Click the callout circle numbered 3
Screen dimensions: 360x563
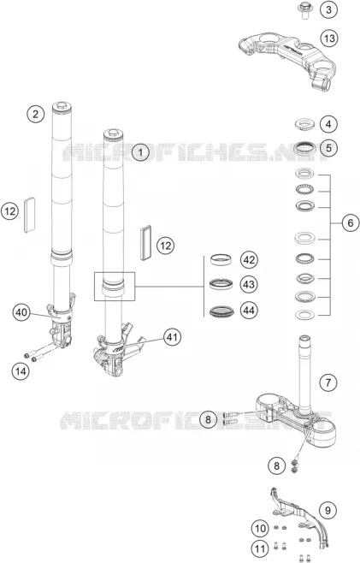click(x=328, y=9)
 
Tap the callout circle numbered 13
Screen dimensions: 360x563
click(x=329, y=38)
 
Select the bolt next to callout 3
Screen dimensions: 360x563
click(x=305, y=10)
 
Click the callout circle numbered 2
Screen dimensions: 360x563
click(x=36, y=114)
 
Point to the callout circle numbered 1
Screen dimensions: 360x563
click(x=141, y=152)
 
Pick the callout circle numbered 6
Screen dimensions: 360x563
click(x=351, y=223)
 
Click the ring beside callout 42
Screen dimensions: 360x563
click(x=221, y=259)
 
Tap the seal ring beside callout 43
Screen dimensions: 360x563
click(x=221, y=284)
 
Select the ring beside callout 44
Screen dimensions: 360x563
click(x=221, y=311)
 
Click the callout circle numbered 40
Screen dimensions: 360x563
click(x=21, y=312)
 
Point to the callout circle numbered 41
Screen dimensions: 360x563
click(x=172, y=337)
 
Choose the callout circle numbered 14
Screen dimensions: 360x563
click(x=21, y=370)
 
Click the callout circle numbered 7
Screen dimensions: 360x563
click(x=328, y=382)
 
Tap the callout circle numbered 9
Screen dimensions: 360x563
click(x=328, y=510)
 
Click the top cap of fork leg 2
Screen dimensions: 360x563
click(x=62, y=107)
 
